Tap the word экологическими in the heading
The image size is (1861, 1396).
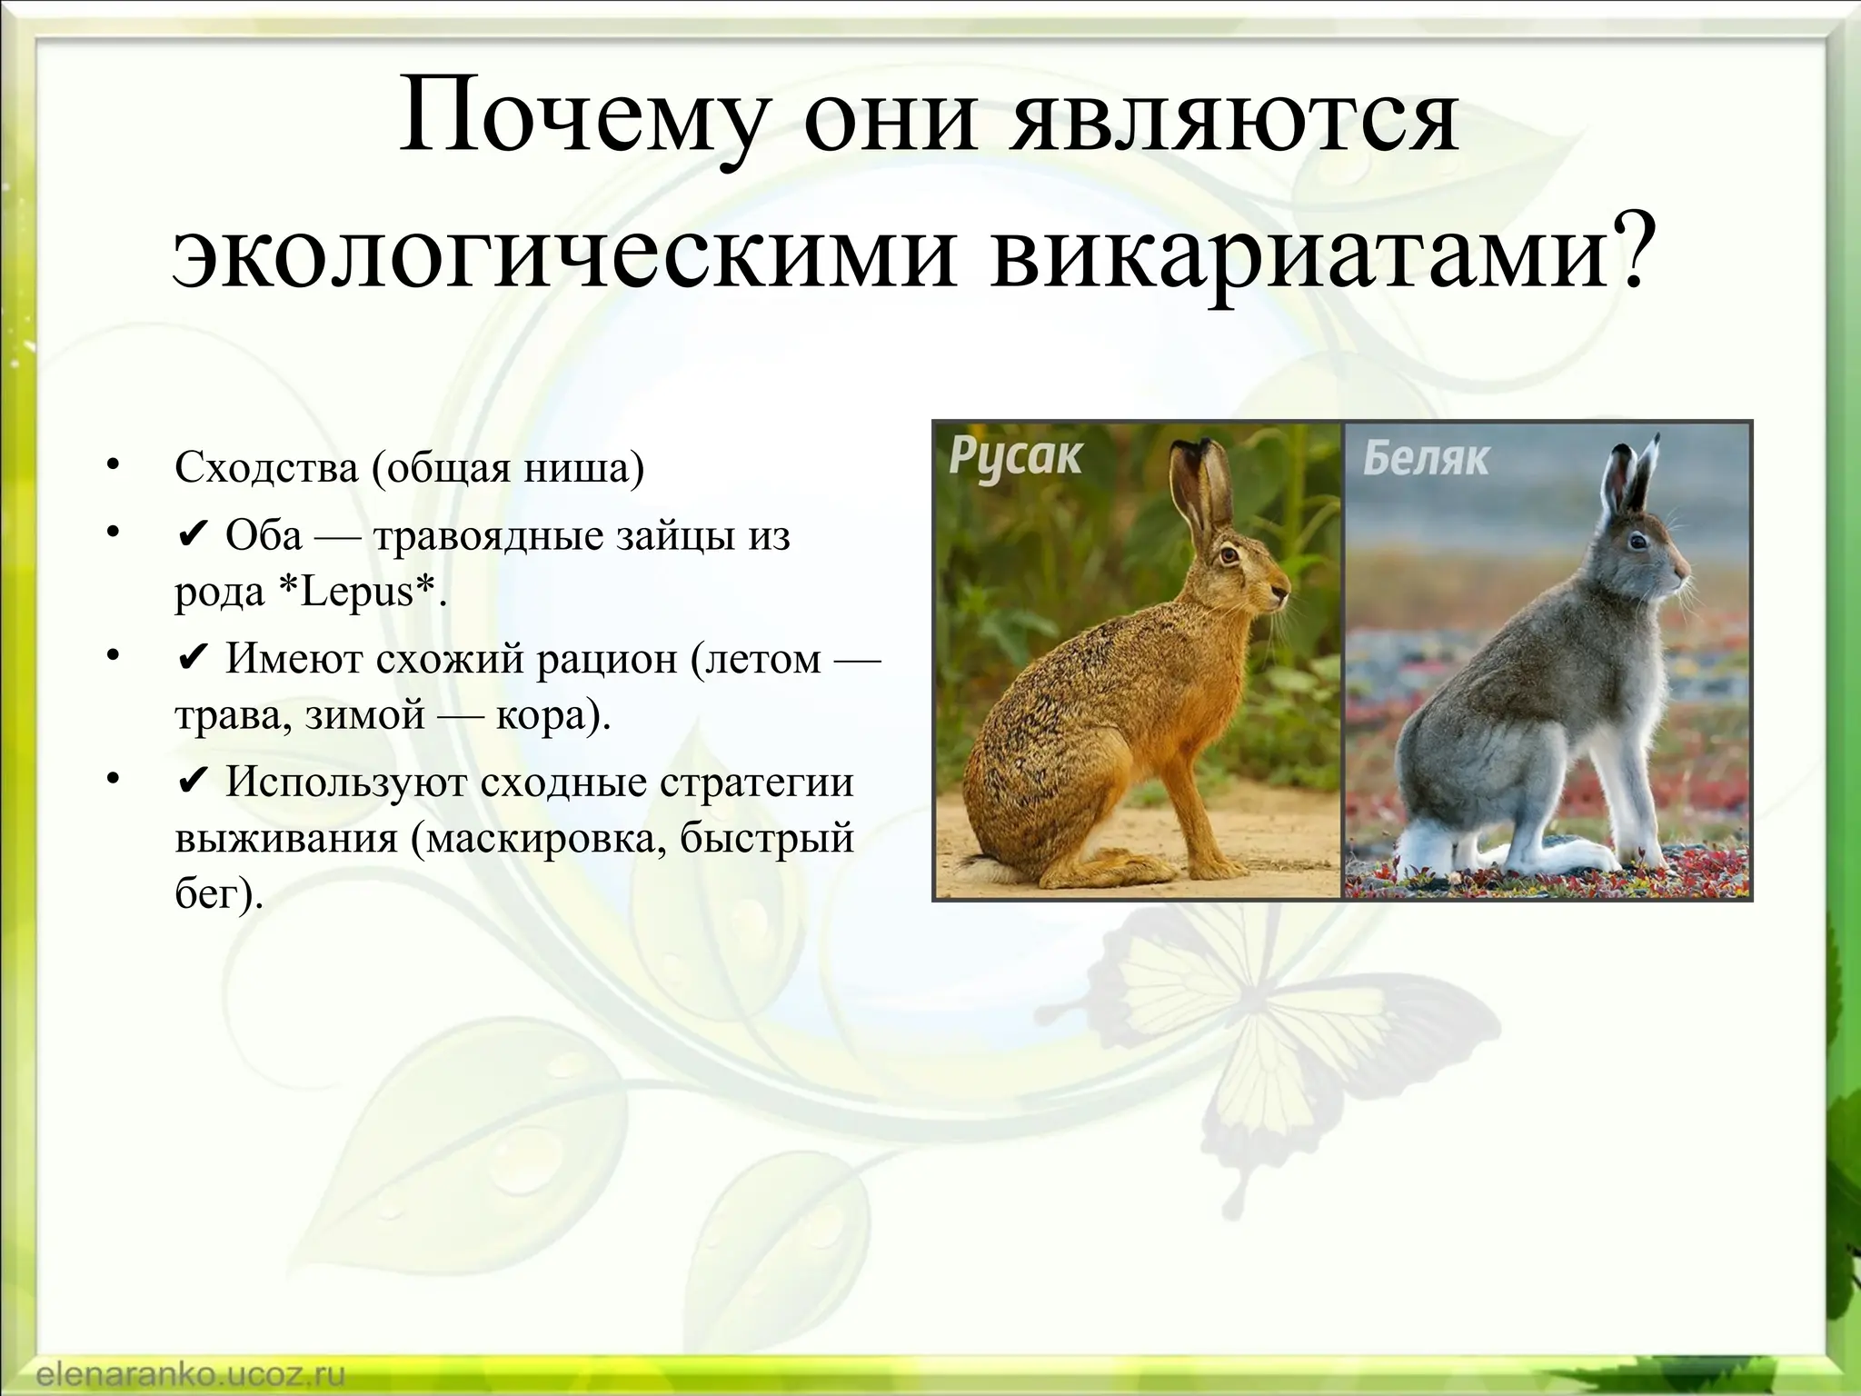click(x=563, y=250)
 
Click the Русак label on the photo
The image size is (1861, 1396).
click(x=1015, y=457)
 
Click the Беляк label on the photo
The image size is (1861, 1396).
click(x=1426, y=459)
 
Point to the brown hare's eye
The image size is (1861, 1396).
click(x=1230, y=553)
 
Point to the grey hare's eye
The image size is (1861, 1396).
click(x=1637, y=542)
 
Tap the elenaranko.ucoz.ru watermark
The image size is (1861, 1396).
click(x=190, y=1374)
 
